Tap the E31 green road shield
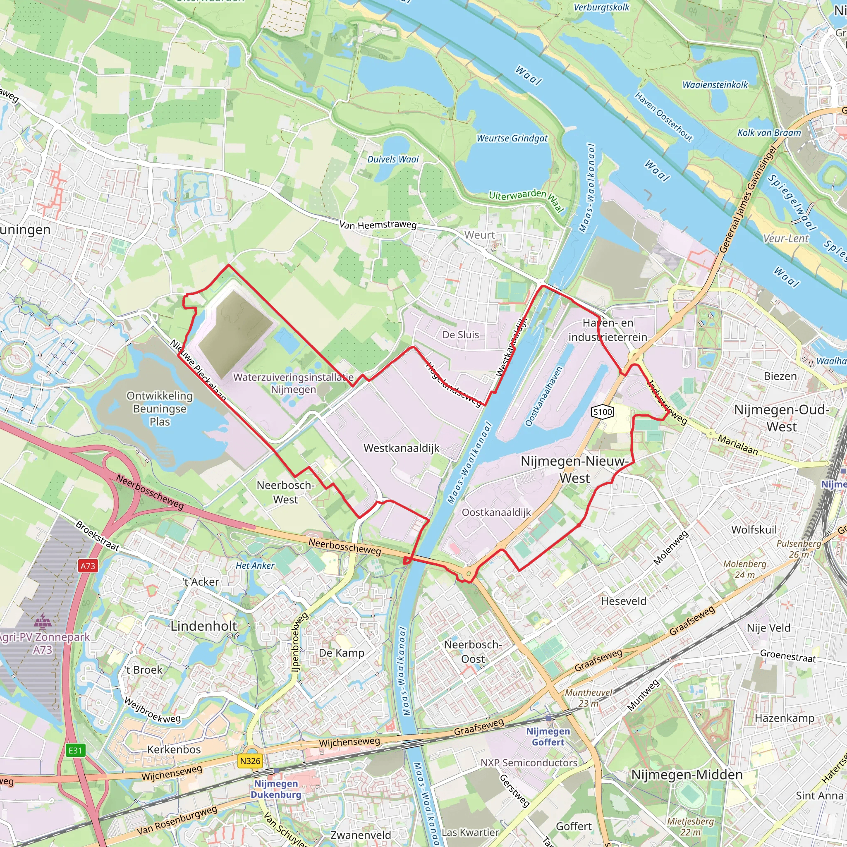75,750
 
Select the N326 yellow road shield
250,761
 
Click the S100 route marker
602,412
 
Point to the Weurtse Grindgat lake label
512,139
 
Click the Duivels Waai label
393,160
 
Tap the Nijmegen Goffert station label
548,737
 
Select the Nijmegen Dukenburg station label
276,789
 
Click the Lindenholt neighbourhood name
203,626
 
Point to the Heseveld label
623,601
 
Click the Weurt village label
480,235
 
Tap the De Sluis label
461,335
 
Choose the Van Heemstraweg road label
378,225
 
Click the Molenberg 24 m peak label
745,569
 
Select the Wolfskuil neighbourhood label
754,530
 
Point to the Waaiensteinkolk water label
715,85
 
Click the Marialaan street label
738,445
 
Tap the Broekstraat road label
97,536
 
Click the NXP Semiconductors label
529,763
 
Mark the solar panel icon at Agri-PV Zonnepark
43,621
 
